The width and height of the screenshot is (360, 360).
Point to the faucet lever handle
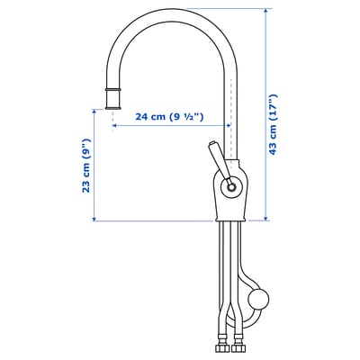[220, 159]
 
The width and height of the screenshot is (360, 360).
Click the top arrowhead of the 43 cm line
[266, 11]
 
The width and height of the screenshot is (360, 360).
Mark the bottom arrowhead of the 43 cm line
[266, 219]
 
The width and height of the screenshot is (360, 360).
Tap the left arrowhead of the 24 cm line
[114, 127]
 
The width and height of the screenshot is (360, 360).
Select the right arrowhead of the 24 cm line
[230, 127]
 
